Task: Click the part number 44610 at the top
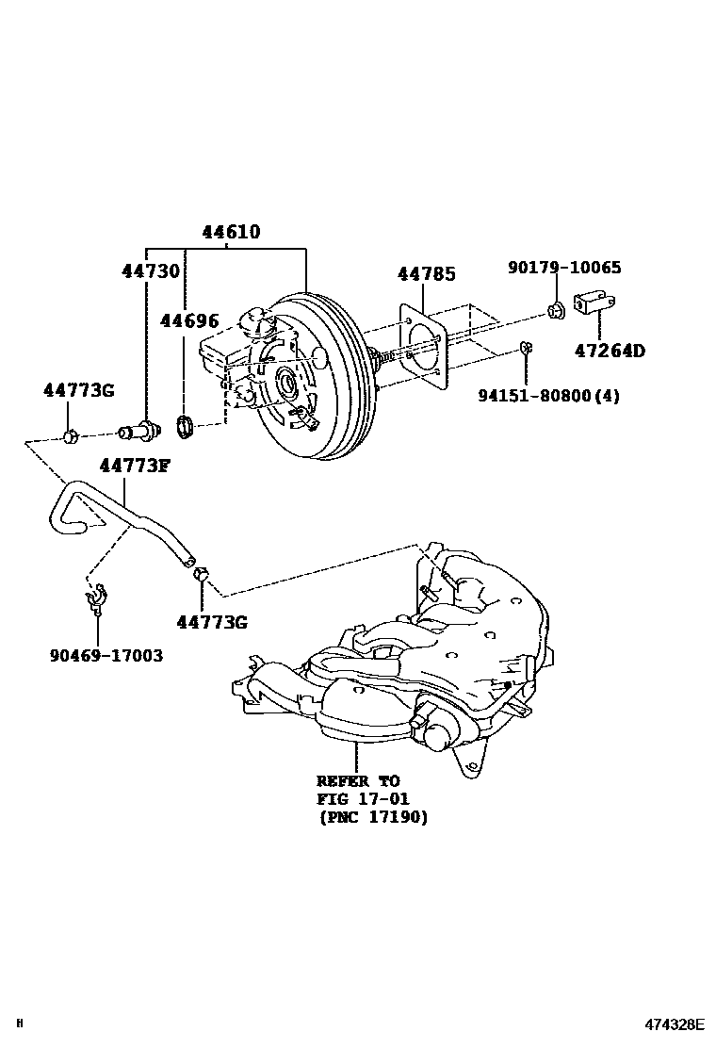point(230,232)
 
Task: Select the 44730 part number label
point(150,271)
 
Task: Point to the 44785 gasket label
point(426,274)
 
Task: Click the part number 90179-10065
point(564,268)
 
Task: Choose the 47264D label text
point(610,352)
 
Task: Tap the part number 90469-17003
point(106,654)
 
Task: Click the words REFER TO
point(358,781)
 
